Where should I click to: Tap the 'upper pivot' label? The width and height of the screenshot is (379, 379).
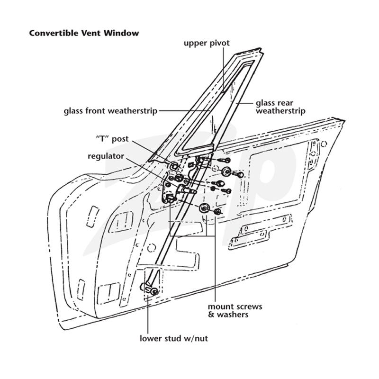coord(207,43)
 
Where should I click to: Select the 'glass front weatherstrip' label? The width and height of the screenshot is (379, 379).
coord(110,111)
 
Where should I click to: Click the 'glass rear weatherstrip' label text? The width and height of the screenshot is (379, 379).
coord(280,107)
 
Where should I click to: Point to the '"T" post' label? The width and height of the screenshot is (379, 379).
coord(112,139)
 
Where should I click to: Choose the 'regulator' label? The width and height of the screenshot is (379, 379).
coord(106,156)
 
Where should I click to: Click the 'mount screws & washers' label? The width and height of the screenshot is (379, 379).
coord(235,311)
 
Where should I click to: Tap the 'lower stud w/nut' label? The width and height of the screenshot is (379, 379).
coord(174,338)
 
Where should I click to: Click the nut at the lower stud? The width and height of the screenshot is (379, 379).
coord(153,292)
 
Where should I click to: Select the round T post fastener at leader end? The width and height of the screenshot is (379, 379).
coord(173,166)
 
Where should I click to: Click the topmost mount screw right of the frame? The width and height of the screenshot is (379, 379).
coord(225,160)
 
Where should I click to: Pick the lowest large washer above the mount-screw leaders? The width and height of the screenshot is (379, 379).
coord(204,208)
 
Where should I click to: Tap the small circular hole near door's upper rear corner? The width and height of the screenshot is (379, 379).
coord(324,144)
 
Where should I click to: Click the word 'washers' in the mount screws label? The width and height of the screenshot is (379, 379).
coord(233,315)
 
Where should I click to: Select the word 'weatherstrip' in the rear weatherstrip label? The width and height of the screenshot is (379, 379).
coord(280,111)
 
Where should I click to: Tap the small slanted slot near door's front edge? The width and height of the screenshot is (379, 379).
coord(92,217)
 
